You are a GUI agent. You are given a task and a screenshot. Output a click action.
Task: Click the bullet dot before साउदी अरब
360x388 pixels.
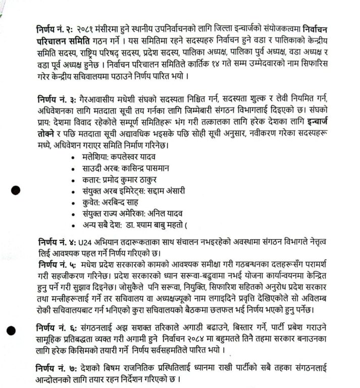point(74,169)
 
